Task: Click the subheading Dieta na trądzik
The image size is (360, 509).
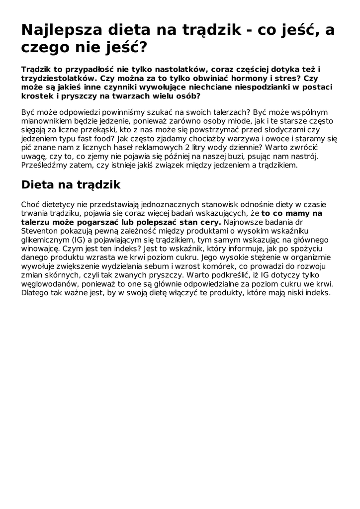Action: [x=71, y=185]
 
